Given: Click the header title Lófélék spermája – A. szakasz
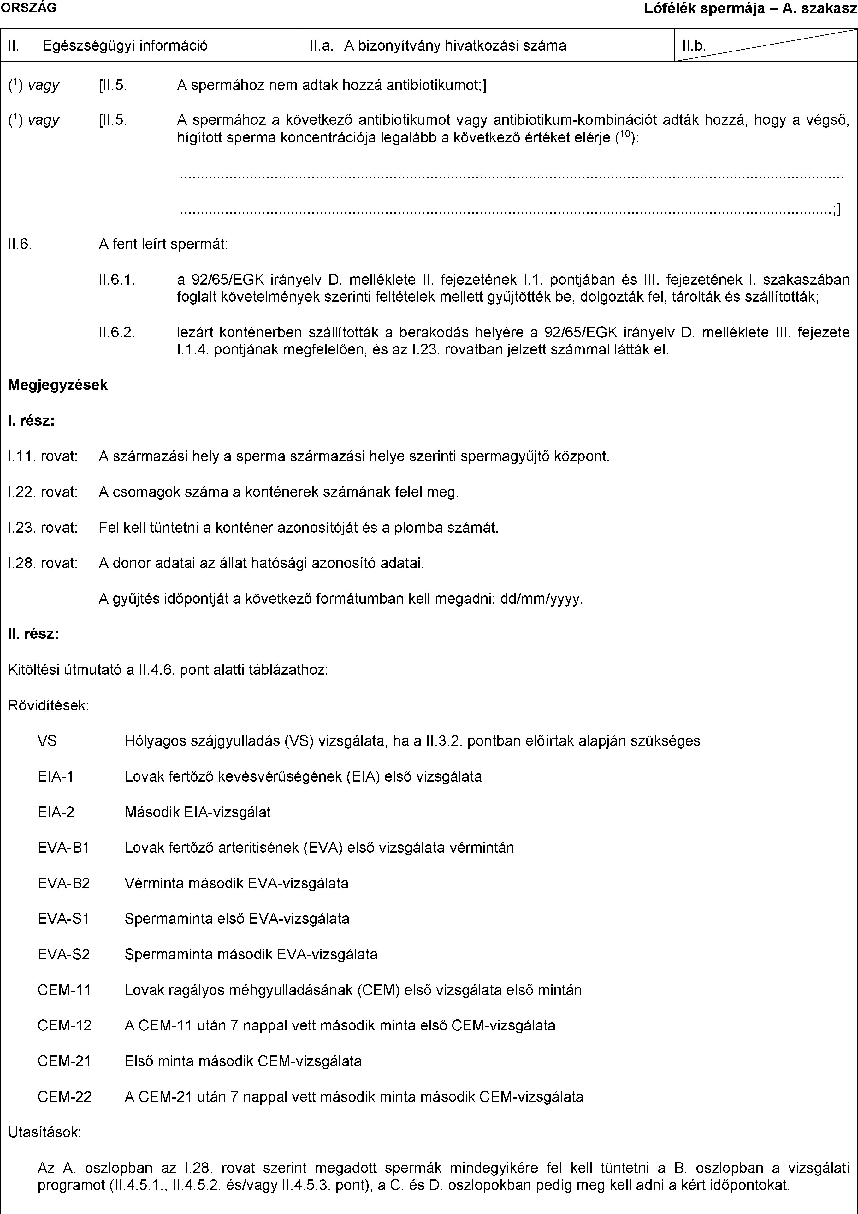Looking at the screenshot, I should (x=750, y=9).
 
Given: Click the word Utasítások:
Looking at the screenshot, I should (x=45, y=1132).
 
